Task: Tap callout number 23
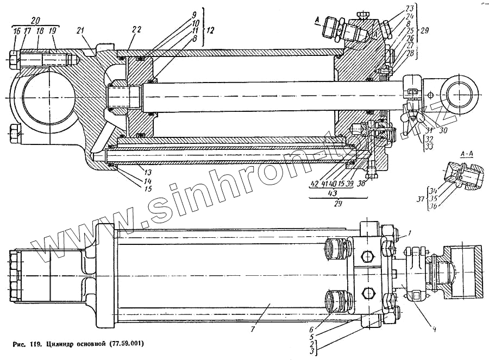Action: click(409, 9)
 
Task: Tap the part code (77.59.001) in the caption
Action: click(125, 343)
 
